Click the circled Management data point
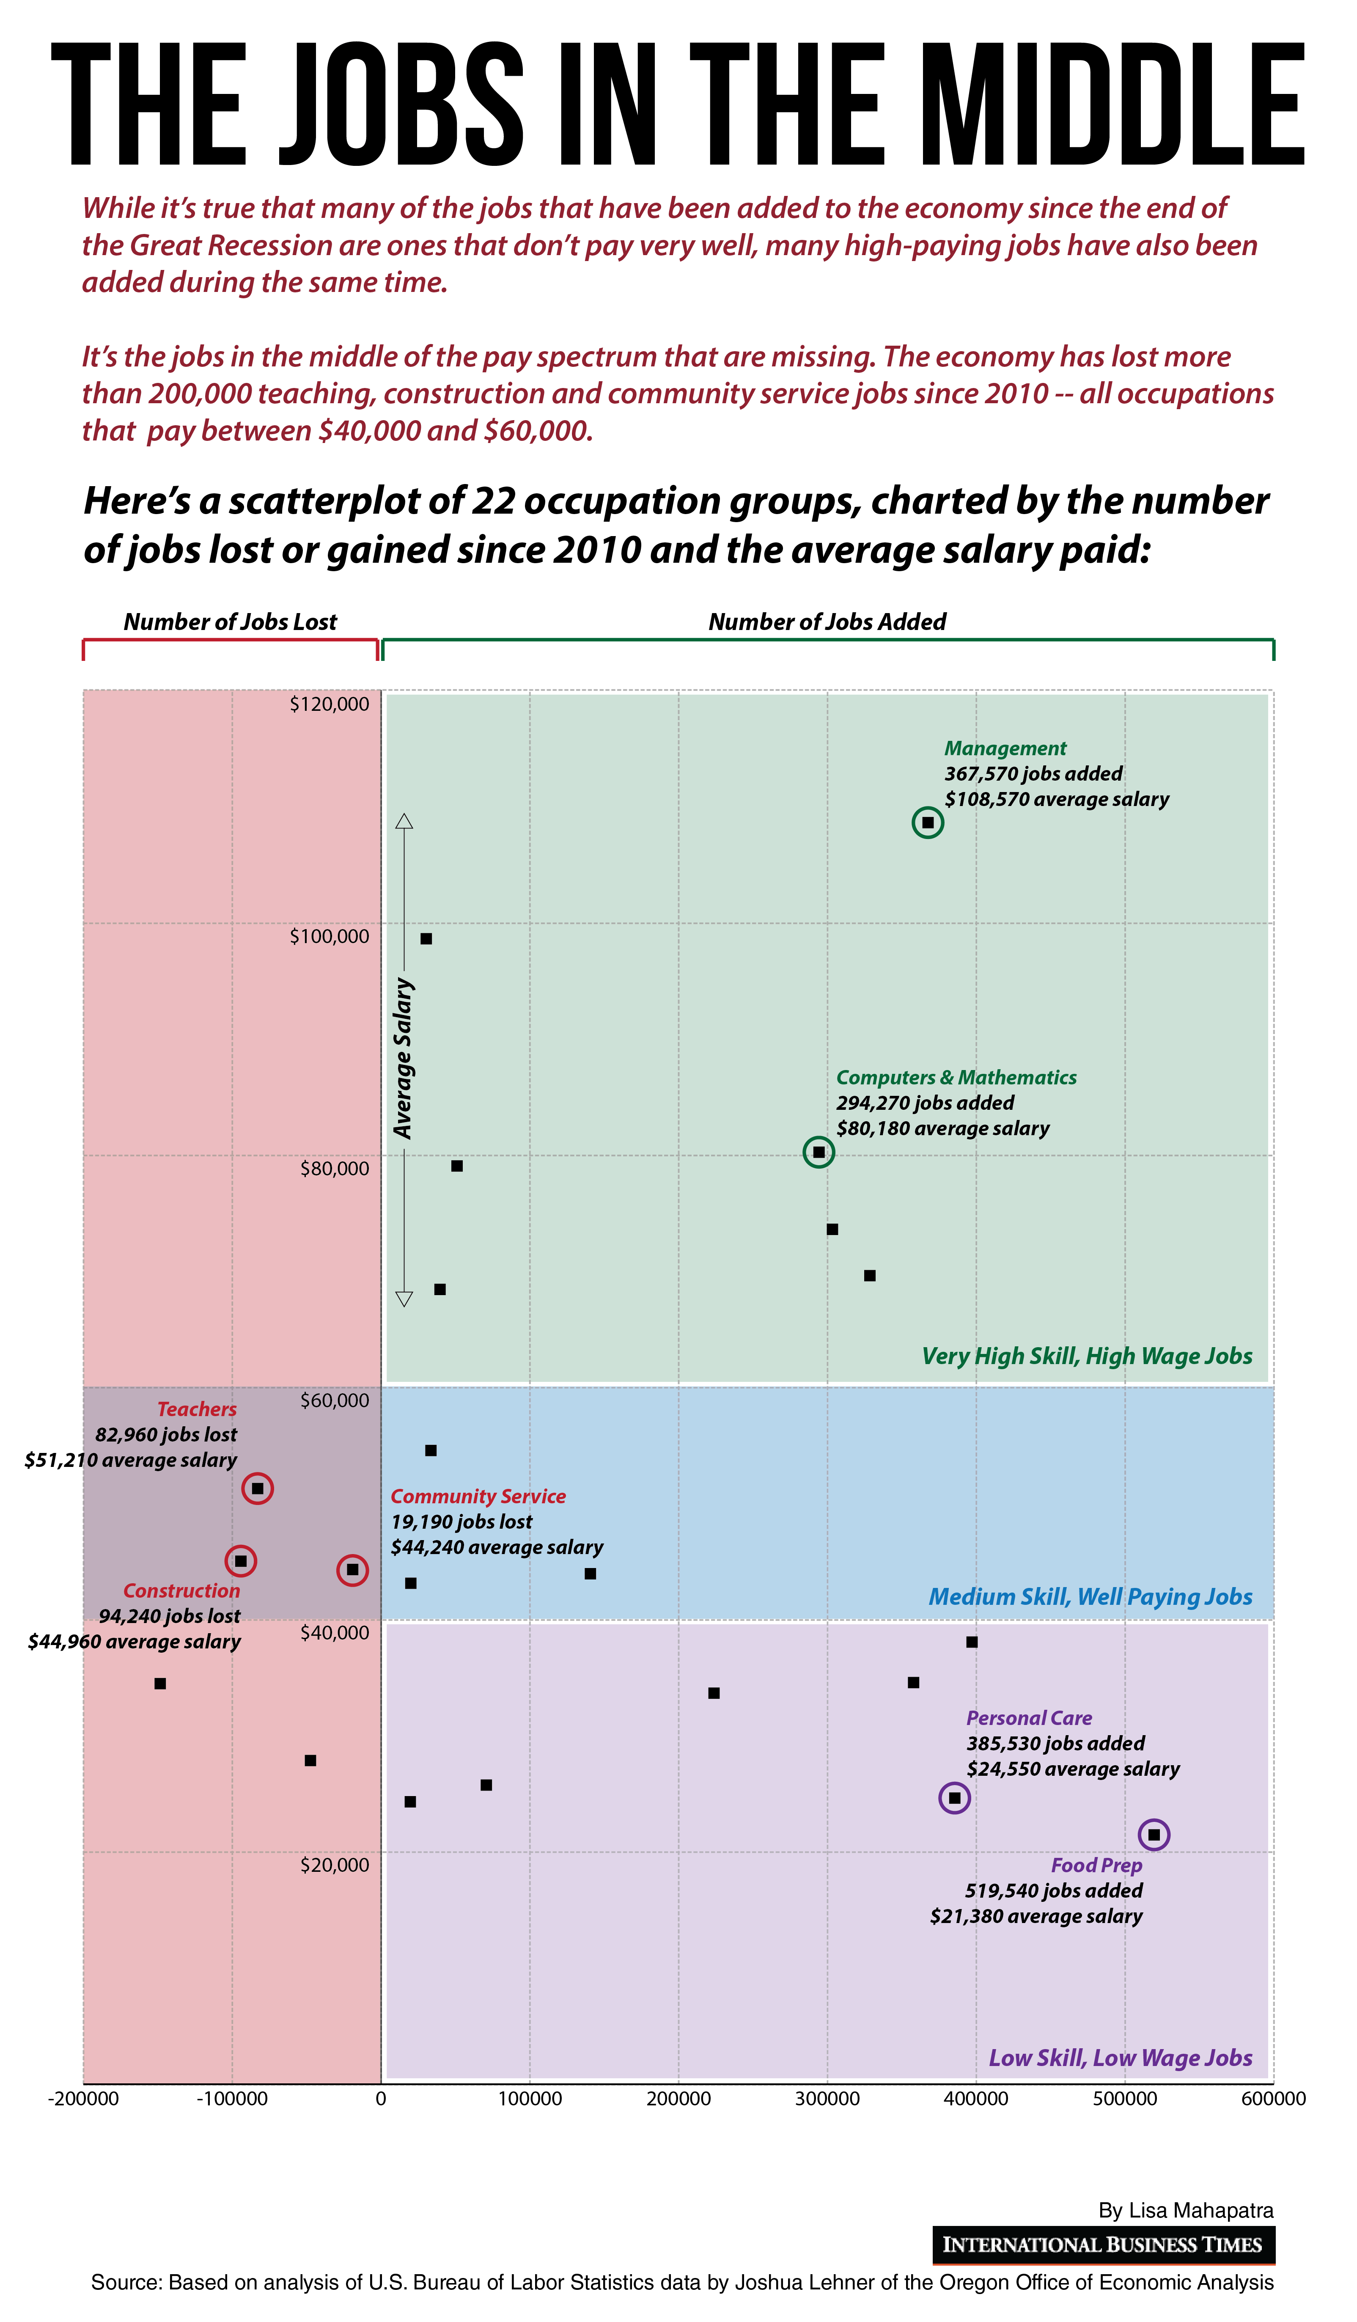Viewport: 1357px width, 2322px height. [928, 822]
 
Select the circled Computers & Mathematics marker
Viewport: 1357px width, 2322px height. [819, 1152]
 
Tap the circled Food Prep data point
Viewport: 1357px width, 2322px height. [1154, 1835]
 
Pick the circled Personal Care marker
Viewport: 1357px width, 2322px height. [954, 1798]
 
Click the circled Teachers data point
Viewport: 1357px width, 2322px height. [258, 1488]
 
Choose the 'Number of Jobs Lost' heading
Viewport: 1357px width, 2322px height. [230, 622]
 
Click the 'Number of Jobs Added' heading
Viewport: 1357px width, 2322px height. [827, 622]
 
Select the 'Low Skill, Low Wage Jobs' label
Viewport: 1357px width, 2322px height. [1120, 2058]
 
